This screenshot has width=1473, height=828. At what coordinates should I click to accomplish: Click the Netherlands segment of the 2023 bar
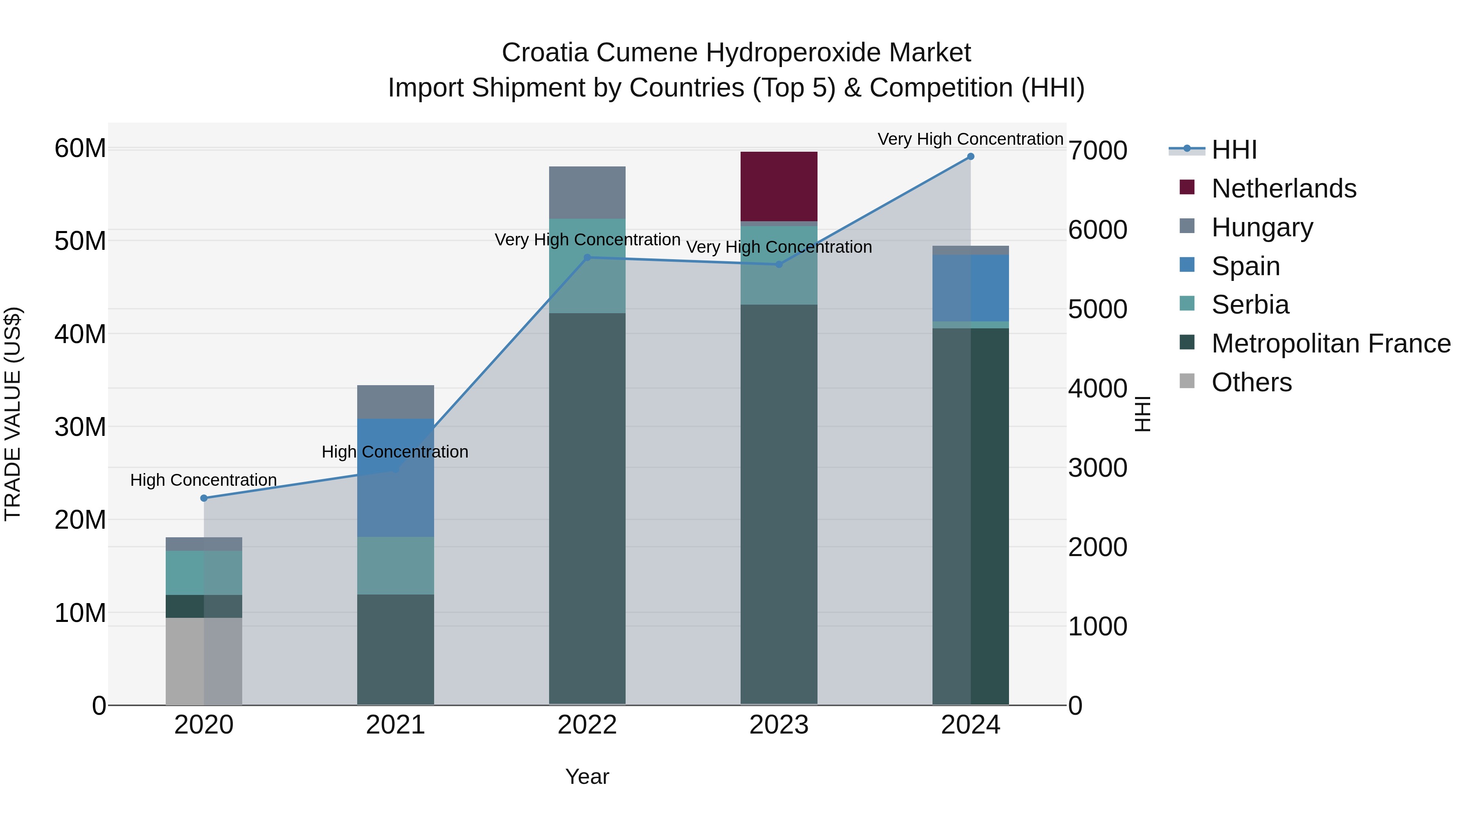point(778,186)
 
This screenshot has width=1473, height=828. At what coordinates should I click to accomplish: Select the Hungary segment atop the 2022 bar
point(587,193)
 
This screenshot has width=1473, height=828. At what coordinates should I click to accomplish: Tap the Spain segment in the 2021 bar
point(395,477)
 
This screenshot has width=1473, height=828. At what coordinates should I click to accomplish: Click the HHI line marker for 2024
point(971,157)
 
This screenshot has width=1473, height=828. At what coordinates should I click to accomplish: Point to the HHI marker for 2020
point(204,498)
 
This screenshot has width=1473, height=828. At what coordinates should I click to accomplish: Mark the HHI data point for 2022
point(587,258)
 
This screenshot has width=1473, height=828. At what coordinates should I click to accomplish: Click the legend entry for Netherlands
point(1283,188)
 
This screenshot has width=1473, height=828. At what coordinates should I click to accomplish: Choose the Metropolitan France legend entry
point(1331,343)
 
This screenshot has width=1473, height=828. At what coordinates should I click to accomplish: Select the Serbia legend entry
point(1250,305)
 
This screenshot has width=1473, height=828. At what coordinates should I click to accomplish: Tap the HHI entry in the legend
point(1234,150)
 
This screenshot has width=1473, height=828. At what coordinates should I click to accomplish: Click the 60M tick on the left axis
point(80,148)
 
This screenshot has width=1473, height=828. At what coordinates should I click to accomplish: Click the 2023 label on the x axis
point(778,725)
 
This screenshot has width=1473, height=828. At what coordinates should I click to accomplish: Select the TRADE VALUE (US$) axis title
point(13,414)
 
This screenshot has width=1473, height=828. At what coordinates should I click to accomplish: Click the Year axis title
point(587,776)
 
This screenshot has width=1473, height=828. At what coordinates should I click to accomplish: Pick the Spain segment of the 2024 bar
point(971,288)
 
